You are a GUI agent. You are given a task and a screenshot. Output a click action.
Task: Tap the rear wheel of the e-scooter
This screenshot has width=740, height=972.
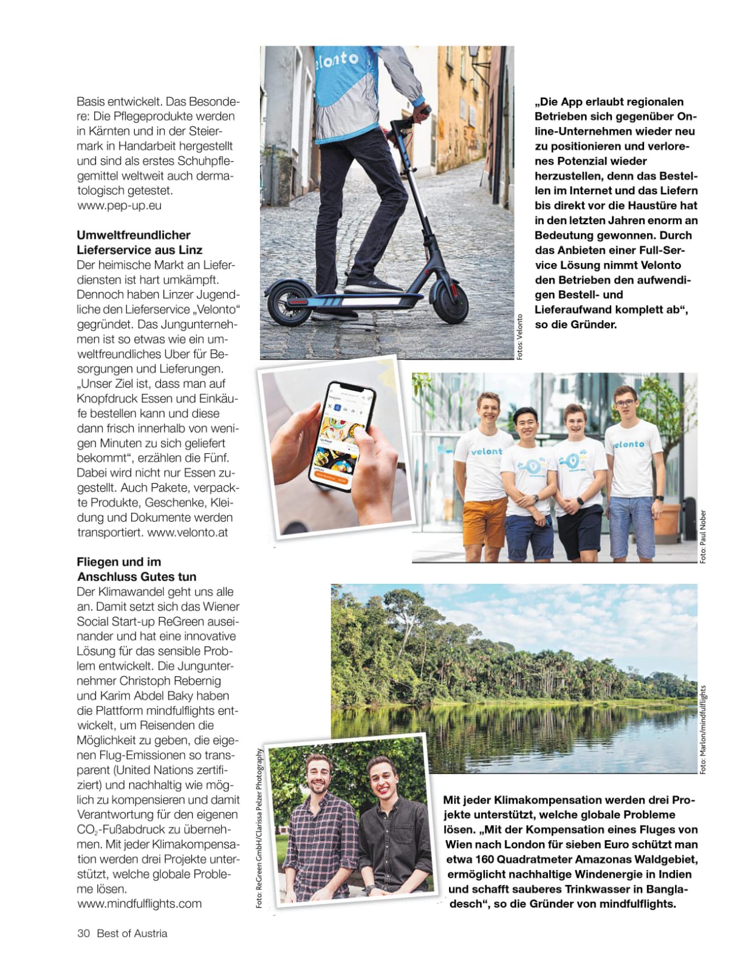(x=290, y=304)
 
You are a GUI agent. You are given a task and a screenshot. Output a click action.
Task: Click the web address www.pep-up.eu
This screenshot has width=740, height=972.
(x=120, y=205)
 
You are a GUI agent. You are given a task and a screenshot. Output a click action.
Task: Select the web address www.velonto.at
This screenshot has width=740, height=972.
(x=188, y=532)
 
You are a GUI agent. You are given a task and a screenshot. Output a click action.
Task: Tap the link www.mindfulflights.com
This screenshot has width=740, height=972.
(x=140, y=903)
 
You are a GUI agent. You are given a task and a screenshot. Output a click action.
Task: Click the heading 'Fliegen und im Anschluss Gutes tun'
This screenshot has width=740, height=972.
(x=136, y=569)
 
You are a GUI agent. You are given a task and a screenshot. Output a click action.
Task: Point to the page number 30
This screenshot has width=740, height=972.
(x=83, y=933)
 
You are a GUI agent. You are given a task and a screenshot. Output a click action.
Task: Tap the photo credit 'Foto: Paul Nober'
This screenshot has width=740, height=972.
(x=703, y=536)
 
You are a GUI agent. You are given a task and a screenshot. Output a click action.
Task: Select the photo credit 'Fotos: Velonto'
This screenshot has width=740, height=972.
(x=519, y=337)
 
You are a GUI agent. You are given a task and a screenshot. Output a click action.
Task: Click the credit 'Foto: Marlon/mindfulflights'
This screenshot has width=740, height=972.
(x=703, y=729)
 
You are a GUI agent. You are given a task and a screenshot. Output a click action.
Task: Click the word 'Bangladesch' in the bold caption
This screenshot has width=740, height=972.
(x=662, y=889)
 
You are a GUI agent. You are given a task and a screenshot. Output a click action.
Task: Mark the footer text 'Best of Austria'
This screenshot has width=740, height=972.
(x=132, y=933)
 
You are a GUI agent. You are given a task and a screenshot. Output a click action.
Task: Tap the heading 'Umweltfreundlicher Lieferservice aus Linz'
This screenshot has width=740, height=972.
(x=139, y=242)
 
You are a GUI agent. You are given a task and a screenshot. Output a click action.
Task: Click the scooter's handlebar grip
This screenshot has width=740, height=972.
(x=423, y=111)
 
